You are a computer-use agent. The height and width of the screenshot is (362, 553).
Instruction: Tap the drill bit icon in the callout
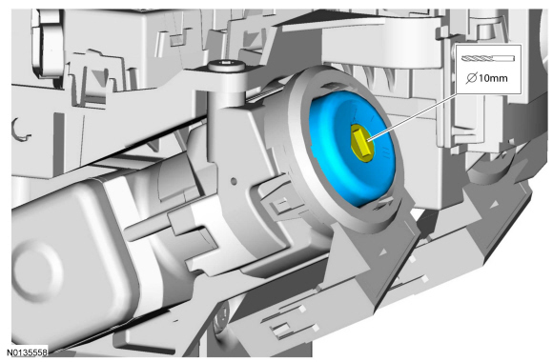point(488,58)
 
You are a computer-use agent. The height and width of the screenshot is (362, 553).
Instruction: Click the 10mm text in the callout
point(493,78)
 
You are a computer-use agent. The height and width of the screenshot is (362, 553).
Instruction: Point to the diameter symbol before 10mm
point(472,78)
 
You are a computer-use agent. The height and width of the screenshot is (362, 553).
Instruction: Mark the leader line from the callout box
point(413,117)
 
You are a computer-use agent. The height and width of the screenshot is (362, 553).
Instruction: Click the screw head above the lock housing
point(226,66)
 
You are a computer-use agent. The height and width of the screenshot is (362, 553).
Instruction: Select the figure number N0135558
point(27,352)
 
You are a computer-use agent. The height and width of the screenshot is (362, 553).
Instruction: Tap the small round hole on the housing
point(234,181)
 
